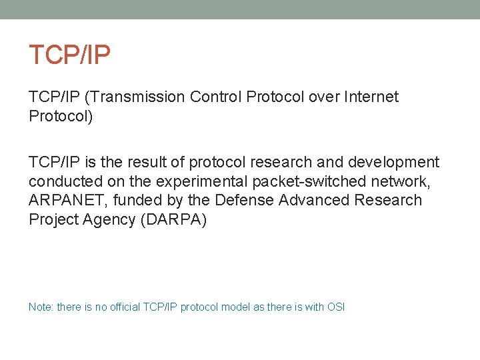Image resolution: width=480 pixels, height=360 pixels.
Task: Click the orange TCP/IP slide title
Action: (x=69, y=55)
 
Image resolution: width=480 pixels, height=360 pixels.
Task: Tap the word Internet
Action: (x=371, y=97)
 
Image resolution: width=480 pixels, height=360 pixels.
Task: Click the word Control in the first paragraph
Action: (x=216, y=97)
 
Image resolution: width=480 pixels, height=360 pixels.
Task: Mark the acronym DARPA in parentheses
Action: (x=173, y=220)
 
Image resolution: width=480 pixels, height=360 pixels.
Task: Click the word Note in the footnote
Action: (x=41, y=307)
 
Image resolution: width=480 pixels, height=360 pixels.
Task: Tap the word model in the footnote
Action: (x=236, y=307)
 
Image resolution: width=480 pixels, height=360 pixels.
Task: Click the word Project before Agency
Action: (x=53, y=220)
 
